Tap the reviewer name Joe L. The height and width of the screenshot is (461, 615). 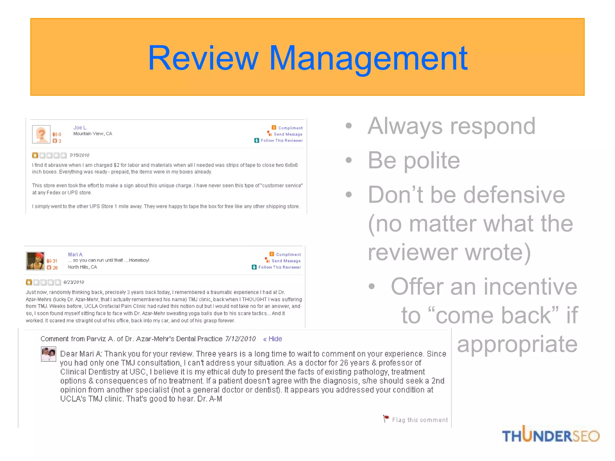point(80,128)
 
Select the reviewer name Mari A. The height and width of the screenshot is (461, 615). point(75,255)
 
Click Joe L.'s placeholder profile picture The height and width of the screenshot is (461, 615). point(41,134)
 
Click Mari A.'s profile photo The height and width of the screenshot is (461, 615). point(35,261)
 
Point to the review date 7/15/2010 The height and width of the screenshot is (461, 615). point(79,155)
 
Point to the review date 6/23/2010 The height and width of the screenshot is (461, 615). point(74,282)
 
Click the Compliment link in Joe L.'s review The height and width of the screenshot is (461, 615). point(290,128)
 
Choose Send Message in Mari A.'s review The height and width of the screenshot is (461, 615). point(286,261)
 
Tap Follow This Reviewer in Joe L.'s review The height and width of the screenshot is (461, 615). point(281,140)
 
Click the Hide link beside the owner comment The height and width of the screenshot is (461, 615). point(275,339)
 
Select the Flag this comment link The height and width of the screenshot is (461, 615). point(420,420)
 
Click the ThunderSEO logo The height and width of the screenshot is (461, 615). point(550,435)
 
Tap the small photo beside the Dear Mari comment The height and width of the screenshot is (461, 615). point(49,354)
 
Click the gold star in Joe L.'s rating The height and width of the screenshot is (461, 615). point(35,155)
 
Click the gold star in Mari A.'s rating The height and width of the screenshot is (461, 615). point(29,282)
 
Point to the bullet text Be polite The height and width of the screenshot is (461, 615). point(414,160)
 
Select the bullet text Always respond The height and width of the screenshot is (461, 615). point(451,126)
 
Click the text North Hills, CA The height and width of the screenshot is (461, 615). point(82,267)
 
